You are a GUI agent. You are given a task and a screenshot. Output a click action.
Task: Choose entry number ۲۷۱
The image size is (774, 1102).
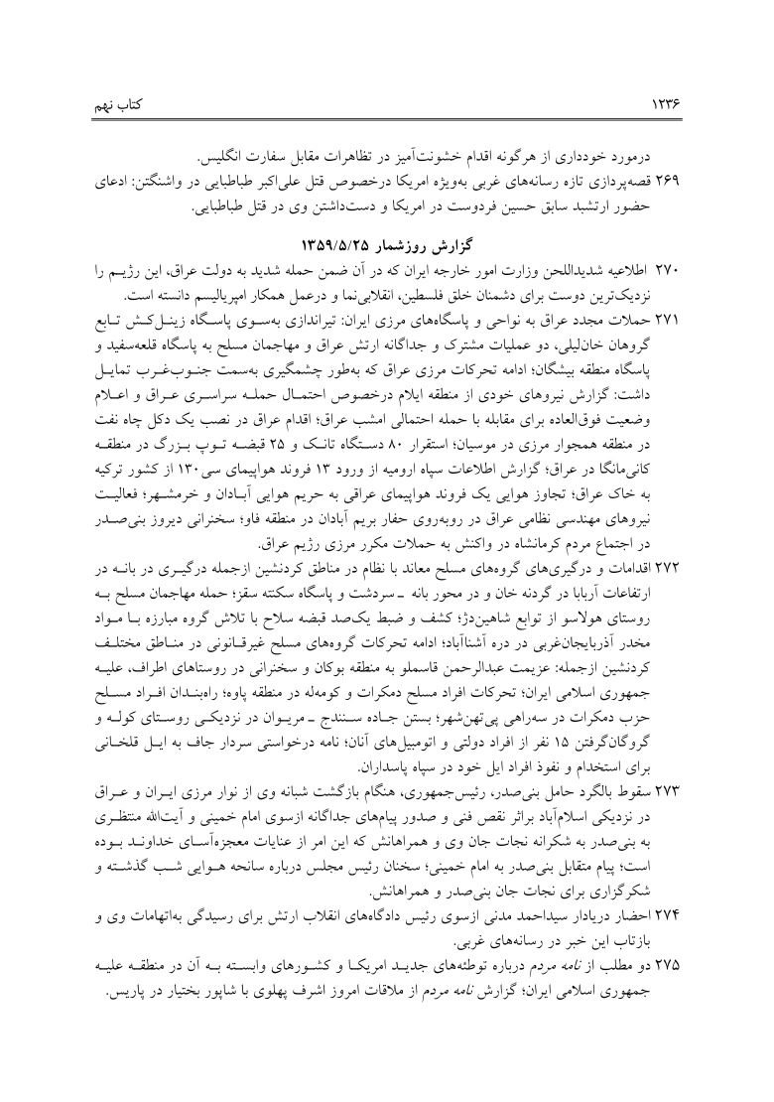click(661, 316)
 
